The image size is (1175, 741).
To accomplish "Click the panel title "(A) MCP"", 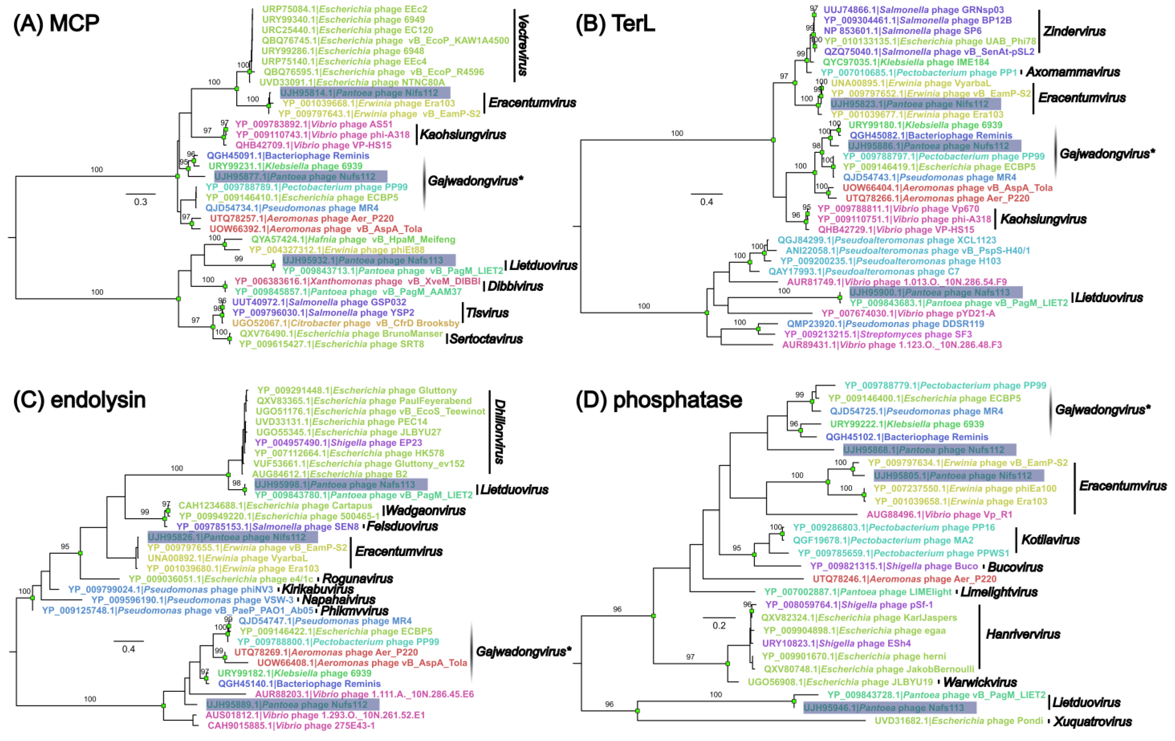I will (56, 24).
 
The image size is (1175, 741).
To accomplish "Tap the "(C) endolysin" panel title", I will (79, 400).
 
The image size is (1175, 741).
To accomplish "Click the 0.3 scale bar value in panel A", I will (141, 202).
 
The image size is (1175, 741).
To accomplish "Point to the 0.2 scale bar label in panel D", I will (719, 626).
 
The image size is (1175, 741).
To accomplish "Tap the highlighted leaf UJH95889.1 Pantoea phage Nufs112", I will (292, 704).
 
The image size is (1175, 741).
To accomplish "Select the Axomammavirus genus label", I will (1073, 72).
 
